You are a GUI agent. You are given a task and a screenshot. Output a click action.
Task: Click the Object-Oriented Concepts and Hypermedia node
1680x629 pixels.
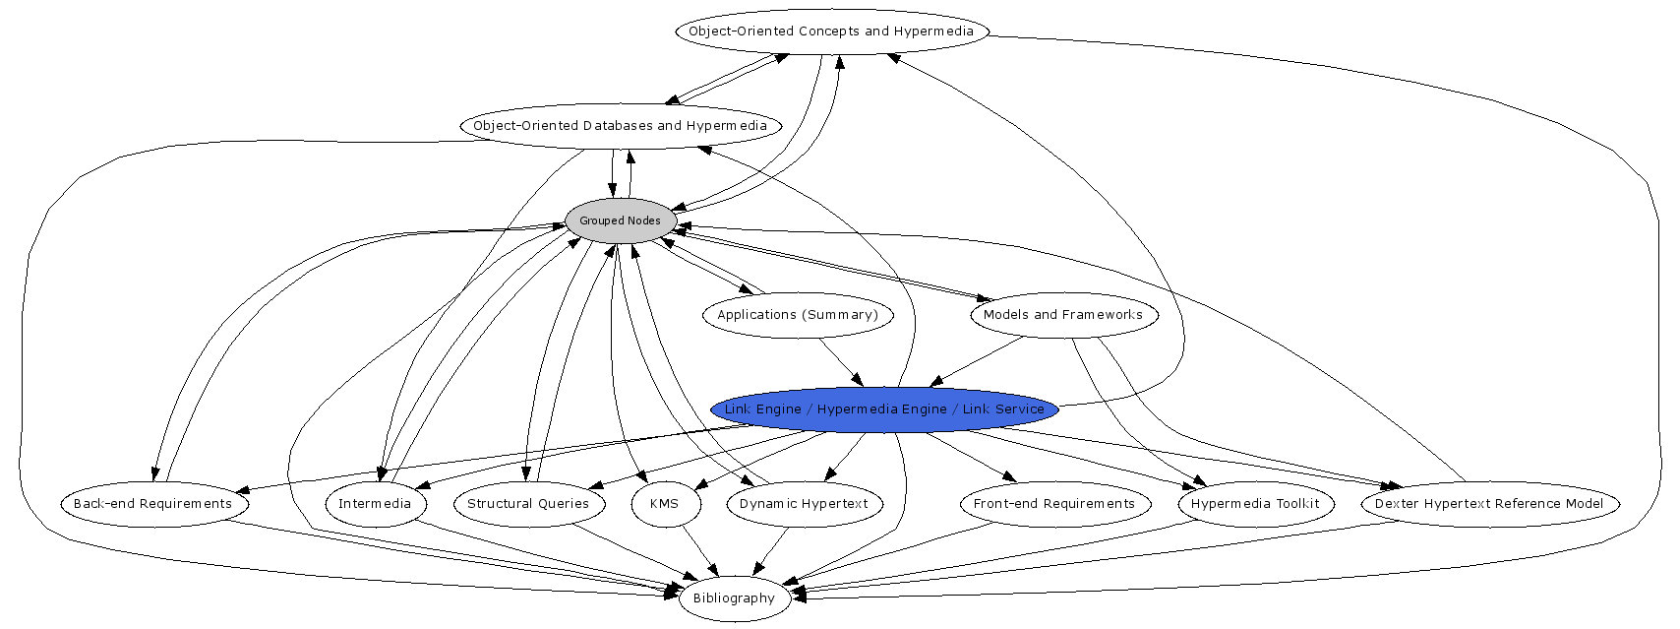[x=831, y=31]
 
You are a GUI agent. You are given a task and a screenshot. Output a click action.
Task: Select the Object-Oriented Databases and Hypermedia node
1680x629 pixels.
[x=620, y=126]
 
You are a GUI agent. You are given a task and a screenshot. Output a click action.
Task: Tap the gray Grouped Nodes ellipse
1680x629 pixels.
[x=620, y=220]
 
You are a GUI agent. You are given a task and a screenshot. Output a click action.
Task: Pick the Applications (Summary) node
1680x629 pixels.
[x=797, y=315]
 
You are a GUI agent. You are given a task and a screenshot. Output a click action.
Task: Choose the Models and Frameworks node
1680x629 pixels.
[x=1063, y=315]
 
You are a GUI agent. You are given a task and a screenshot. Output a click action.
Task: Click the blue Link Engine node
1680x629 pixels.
[x=884, y=409]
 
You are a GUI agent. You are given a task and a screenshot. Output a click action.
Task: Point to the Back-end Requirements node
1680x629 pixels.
[x=153, y=504]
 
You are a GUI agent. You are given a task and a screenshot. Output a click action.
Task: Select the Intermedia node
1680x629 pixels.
[x=375, y=504]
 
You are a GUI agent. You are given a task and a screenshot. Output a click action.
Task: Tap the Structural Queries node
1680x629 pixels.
[x=528, y=504]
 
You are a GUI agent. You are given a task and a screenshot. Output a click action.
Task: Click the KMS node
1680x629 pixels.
[x=665, y=504]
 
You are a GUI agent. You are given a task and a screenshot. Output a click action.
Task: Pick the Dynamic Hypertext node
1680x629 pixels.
[x=804, y=504]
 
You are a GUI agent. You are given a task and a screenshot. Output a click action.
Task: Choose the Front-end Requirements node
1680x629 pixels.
[x=1054, y=504]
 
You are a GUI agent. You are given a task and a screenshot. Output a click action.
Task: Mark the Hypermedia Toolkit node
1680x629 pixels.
[x=1255, y=504]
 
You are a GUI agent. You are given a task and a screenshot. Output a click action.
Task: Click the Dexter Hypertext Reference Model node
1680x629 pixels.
[x=1489, y=504]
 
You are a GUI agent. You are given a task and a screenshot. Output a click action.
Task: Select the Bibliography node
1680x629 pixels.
[x=734, y=598]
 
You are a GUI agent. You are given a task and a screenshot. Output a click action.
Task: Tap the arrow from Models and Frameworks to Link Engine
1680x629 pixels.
[x=978, y=361]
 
